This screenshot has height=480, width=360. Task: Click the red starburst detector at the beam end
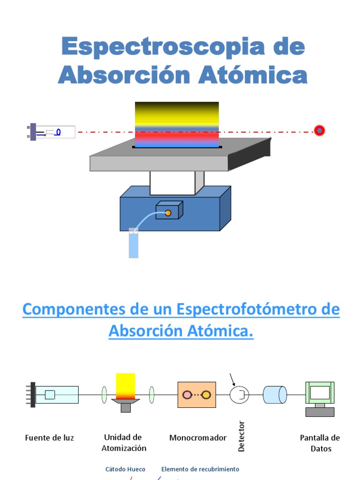tap(319, 130)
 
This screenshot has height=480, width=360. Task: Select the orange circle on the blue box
tap(168, 213)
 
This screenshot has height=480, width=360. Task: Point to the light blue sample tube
tap(134, 244)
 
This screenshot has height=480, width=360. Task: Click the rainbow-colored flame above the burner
tap(177, 124)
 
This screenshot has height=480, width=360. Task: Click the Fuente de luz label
tap(49, 438)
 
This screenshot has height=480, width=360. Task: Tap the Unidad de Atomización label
tap(124, 442)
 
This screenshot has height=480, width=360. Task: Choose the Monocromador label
tap(198, 438)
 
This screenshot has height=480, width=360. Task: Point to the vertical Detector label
tap(241, 436)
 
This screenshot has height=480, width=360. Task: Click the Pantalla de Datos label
tap(320, 443)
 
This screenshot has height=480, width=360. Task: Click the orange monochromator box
tap(197, 395)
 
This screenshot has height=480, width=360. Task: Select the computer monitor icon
tap(320, 394)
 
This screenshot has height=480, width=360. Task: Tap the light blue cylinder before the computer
tap(275, 395)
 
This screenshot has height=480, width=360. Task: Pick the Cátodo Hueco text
tap(125, 469)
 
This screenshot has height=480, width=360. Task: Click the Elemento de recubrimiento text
tap(200, 469)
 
